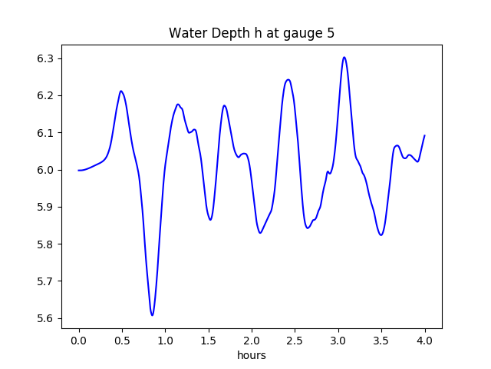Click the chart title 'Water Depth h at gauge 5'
click(x=252, y=33)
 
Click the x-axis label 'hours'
click(x=252, y=355)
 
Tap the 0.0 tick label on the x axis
click(x=79, y=339)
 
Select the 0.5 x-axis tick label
click(x=122, y=339)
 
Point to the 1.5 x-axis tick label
click(x=209, y=339)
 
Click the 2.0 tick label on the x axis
click(x=252, y=339)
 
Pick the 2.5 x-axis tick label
click(x=295, y=339)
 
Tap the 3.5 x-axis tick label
click(x=381, y=339)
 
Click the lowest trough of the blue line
click(x=152, y=315)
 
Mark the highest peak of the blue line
click(x=344, y=57)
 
